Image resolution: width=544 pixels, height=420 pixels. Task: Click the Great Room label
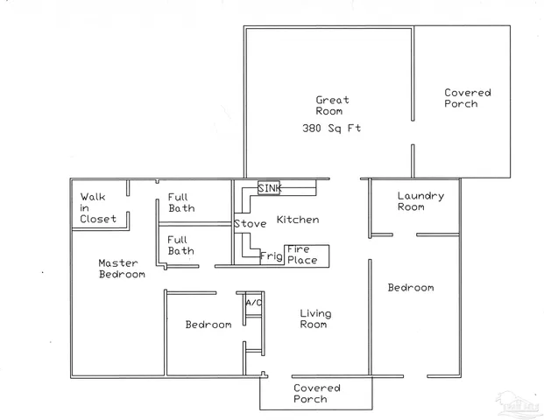pyautogui.click(x=332, y=106)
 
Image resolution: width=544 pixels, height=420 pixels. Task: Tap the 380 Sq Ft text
pyautogui.click(x=332, y=129)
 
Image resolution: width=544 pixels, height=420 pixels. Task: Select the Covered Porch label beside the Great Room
pyautogui.click(x=467, y=98)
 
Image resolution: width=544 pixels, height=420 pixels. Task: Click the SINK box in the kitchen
pyautogui.click(x=269, y=189)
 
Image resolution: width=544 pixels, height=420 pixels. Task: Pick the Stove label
pyautogui.click(x=250, y=225)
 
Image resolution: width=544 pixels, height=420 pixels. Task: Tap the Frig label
pyautogui.click(x=271, y=256)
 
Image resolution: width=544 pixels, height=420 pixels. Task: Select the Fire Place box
pyautogui.click(x=306, y=255)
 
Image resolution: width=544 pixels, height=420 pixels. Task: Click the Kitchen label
pyautogui.click(x=298, y=220)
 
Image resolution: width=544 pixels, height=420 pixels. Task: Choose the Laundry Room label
pyautogui.click(x=420, y=201)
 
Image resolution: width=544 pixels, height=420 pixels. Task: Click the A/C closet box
pyautogui.click(x=253, y=303)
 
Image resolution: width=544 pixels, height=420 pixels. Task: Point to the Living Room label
pyautogui.click(x=313, y=319)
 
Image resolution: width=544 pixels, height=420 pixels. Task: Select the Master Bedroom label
pyautogui.click(x=121, y=269)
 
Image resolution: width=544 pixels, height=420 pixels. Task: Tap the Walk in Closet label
pyautogui.click(x=97, y=208)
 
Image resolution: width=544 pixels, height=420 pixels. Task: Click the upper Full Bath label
pyautogui.click(x=181, y=203)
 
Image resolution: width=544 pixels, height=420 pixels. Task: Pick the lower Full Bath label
pyautogui.click(x=181, y=245)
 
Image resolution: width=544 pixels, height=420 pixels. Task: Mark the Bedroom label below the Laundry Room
pyautogui.click(x=411, y=288)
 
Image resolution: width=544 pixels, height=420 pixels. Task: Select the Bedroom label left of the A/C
pyautogui.click(x=208, y=325)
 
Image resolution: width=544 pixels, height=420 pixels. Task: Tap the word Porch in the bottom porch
pyautogui.click(x=310, y=400)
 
